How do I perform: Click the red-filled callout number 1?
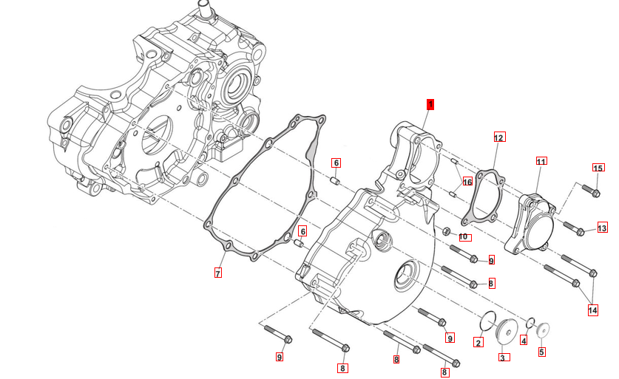430,104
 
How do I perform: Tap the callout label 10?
464,237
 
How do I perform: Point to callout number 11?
541,161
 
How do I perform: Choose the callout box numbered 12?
498,137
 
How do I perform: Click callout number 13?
602,228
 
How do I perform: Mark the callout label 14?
592,311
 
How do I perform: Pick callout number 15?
598,168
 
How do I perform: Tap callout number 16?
467,182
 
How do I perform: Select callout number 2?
478,343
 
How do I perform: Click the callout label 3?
502,358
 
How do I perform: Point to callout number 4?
524,341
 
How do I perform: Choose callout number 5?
541,352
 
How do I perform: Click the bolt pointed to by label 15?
590,192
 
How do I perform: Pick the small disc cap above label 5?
544,330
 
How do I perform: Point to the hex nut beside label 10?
447,232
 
